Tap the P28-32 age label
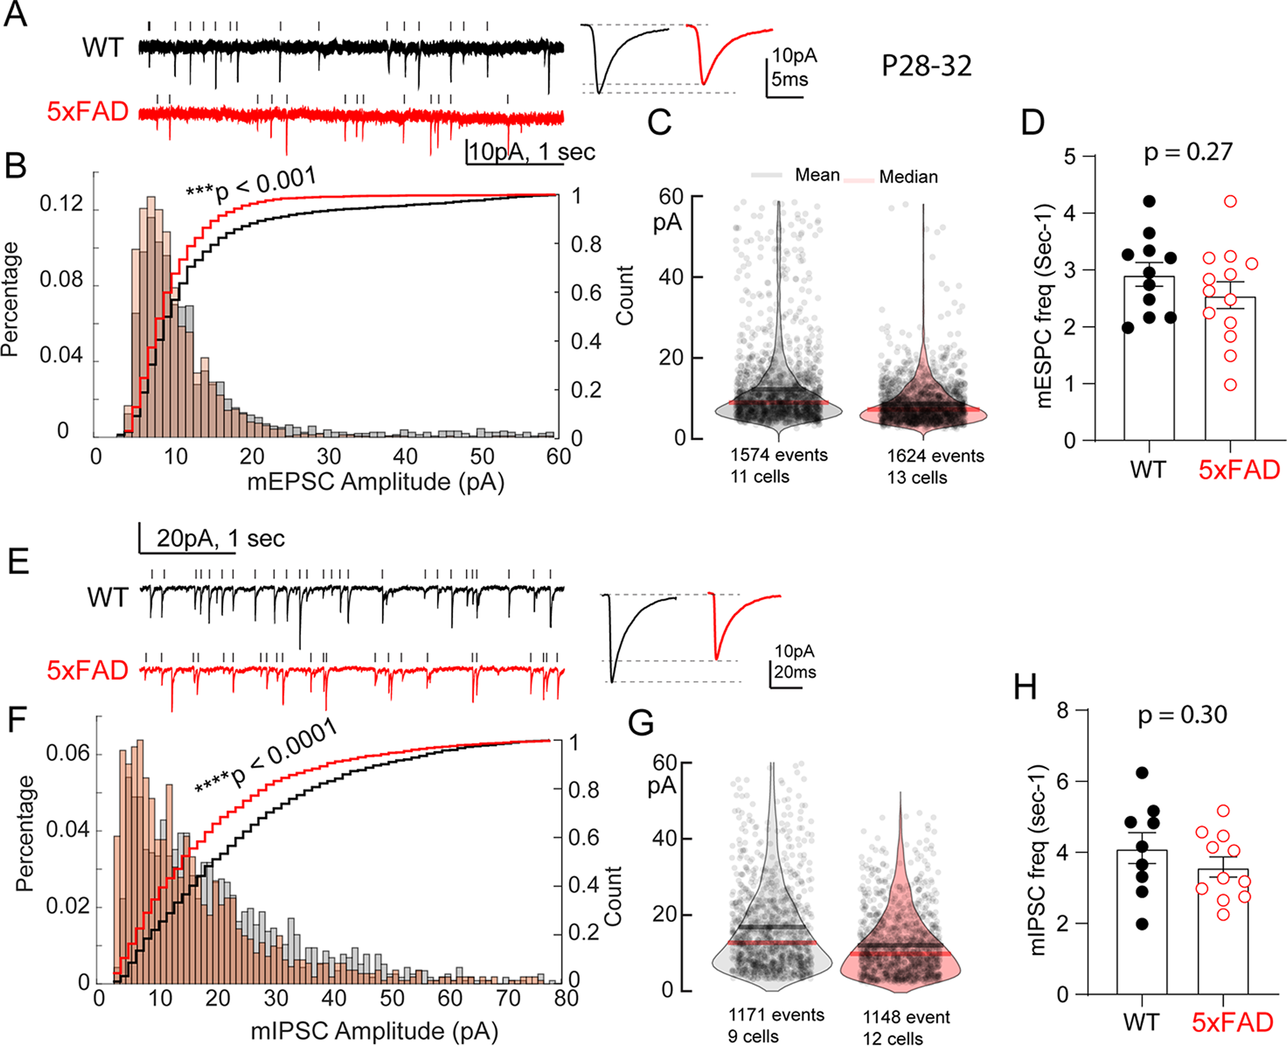pos(926,66)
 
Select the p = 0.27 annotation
pos(1188,152)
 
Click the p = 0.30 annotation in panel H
pos(1182,715)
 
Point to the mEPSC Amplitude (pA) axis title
pos(375,482)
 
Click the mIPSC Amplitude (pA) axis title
pos(374,1031)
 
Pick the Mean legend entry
pos(817,175)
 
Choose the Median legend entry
pos(908,177)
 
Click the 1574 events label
pos(779,455)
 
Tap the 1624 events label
pos(935,456)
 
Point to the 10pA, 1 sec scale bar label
pos(531,152)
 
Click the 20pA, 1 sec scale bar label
pos(220,539)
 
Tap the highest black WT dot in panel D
pos(1149,201)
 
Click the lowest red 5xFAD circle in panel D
pos(1231,385)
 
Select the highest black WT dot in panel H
pos(1142,773)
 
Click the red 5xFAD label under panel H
pos(1232,1022)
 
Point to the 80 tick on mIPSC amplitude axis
pos(565,999)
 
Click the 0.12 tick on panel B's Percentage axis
pos(61,204)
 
